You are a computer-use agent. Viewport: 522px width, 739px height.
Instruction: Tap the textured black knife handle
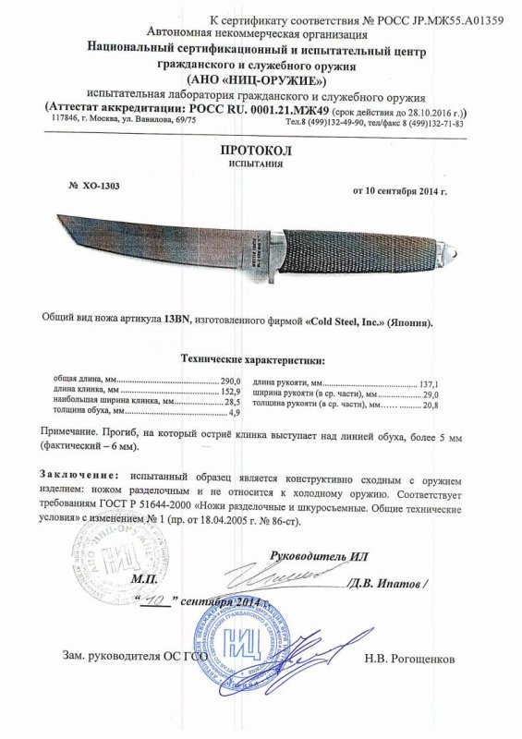pos(370,247)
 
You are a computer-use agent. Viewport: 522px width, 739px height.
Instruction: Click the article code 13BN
pos(176,315)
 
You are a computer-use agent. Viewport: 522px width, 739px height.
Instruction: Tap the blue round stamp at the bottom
pos(245,642)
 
